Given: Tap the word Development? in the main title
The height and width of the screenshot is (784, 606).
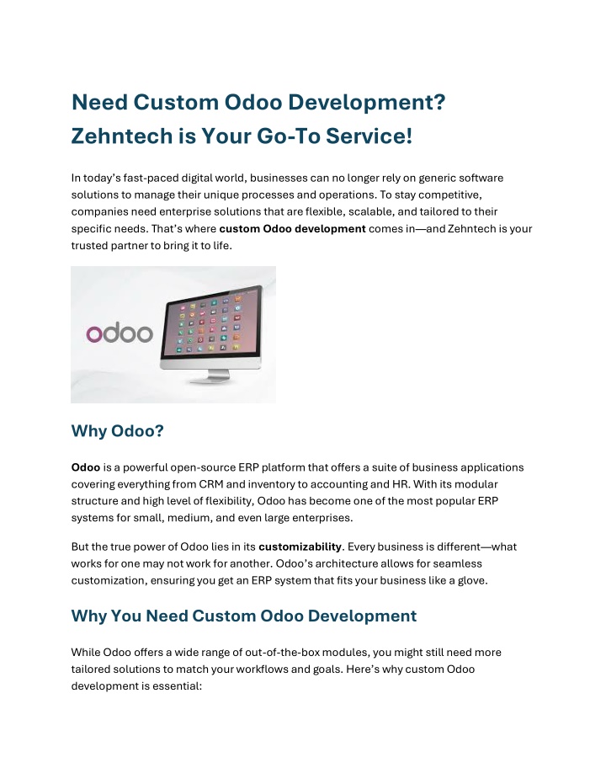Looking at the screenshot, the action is tap(367, 103).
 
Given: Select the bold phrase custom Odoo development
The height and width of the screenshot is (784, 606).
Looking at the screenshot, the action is tap(292, 229).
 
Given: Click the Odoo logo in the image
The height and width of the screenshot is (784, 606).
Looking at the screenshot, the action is tap(120, 333).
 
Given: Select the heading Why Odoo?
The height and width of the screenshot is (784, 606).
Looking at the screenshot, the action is tap(117, 431).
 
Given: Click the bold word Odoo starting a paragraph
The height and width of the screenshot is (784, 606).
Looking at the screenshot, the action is tap(86, 467).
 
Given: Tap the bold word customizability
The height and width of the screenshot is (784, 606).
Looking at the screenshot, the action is tap(300, 547).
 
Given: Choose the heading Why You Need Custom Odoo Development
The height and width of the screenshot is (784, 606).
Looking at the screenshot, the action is tap(244, 616).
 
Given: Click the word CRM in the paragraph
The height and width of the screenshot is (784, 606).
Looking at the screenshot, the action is tap(210, 484).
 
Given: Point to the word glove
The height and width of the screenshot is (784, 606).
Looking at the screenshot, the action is tap(473, 580).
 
